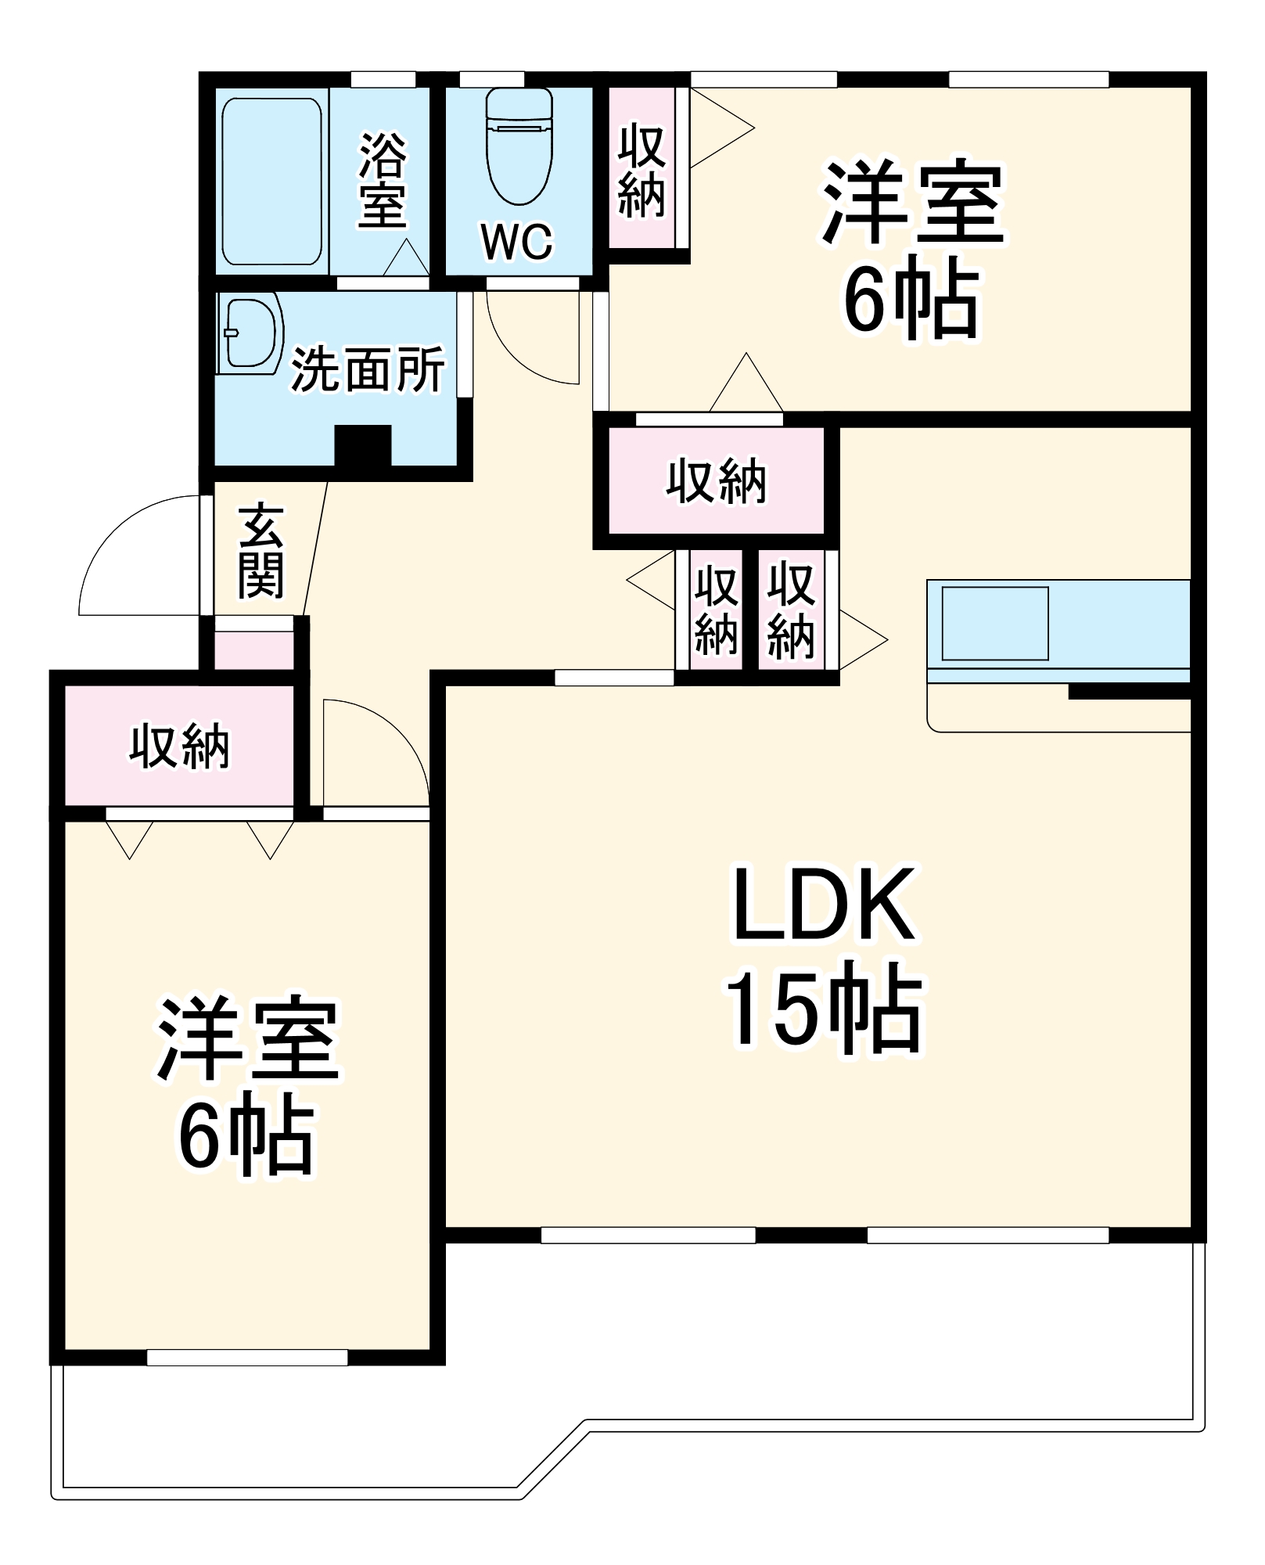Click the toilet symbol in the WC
519,145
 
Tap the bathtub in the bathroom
271,182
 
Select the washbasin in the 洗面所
250,333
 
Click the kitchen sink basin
994,624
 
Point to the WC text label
517,242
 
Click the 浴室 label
383,181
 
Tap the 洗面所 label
368,369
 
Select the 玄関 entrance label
261,552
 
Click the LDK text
824,905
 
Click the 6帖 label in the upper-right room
911,300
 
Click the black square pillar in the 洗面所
363,446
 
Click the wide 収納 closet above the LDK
716,481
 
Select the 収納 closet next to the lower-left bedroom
179,746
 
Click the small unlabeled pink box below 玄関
253,651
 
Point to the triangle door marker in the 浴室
405,258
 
